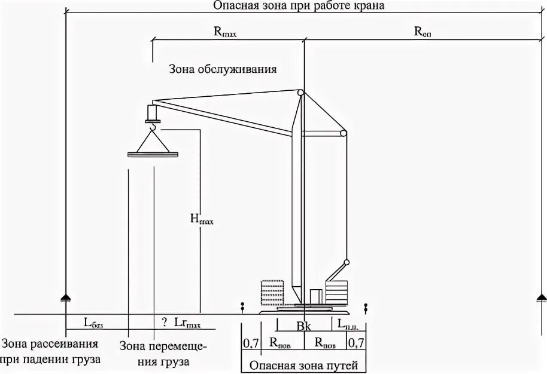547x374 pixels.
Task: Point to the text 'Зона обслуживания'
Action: tap(223, 69)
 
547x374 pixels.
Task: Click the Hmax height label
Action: tap(202, 219)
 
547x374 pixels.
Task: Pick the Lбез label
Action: tap(93, 323)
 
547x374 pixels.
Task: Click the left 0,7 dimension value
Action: tap(250, 343)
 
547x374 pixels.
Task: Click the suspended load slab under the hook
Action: tap(153, 155)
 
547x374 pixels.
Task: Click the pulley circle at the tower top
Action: tap(301, 93)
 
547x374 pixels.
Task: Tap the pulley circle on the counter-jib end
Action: tap(343, 134)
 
